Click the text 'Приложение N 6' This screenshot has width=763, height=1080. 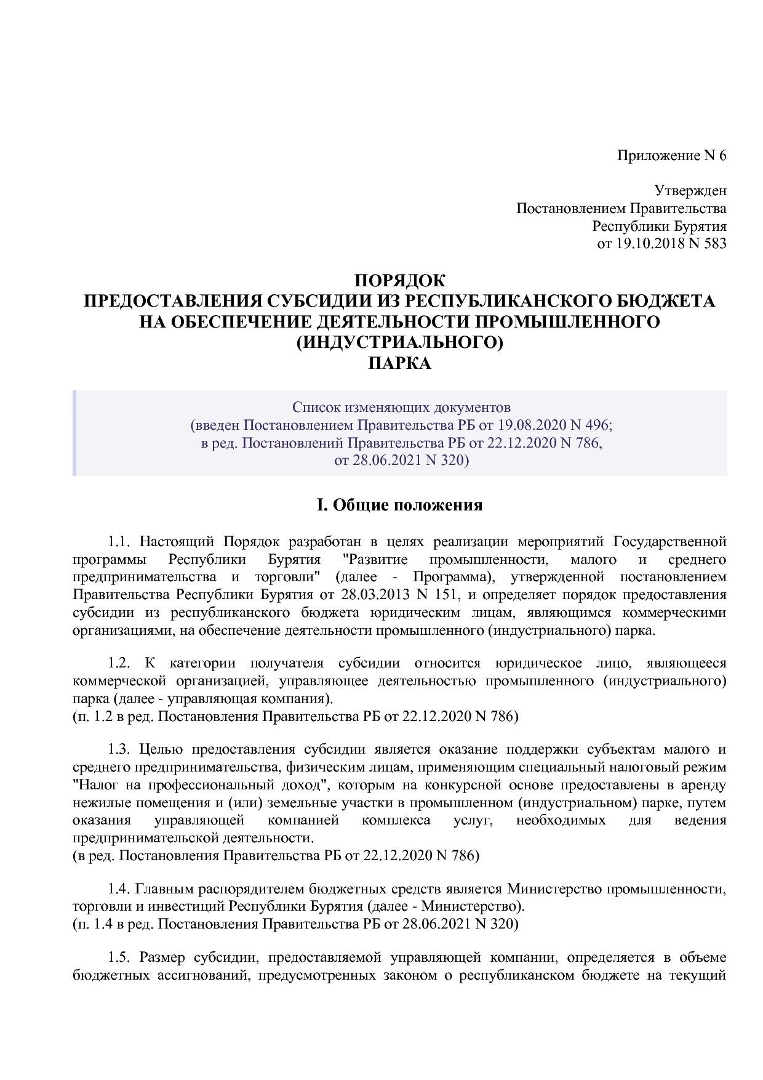click(x=671, y=155)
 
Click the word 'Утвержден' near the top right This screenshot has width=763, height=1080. click(x=690, y=191)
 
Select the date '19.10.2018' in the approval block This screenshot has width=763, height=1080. click(x=649, y=243)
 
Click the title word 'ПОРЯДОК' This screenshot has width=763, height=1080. click(x=399, y=281)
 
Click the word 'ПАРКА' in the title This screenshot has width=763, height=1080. click(x=399, y=363)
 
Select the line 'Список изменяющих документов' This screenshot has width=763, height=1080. click(x=401, y=408)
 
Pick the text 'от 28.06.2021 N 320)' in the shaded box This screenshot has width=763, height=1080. click(x=401, y=460)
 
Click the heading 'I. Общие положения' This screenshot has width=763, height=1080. click(x=399, y=506)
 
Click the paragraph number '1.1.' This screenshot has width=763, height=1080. click(x=119, y=542)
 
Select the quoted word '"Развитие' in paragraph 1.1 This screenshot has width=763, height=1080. click(x=375, y=560)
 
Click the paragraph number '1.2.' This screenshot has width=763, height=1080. click(x=119, y=663)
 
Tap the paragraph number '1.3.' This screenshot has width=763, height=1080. click(x=119, y=750)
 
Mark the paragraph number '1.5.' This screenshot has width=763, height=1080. click(x=119, y=958)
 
